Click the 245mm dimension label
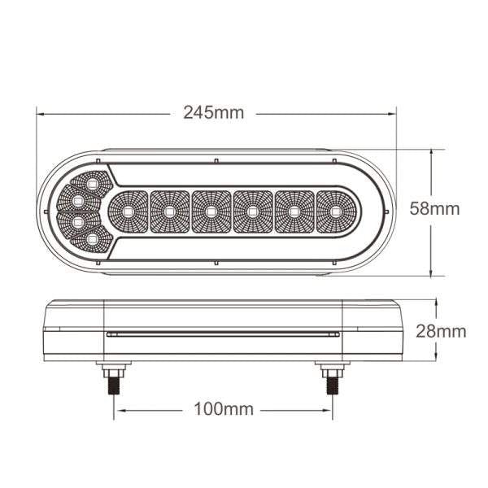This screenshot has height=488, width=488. (214, 113)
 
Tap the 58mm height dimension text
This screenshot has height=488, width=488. (434, 209)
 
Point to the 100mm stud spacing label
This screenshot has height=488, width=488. (224, 408)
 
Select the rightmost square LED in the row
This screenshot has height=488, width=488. (335, 212)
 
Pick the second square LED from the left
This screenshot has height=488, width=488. (169, 212)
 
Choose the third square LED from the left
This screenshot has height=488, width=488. (211, 212)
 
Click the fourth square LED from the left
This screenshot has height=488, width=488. (252, 212)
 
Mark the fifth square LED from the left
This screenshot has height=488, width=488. (294, 212)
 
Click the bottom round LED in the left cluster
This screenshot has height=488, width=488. (92, 239)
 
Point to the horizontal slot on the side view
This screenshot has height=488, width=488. (222, 334)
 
